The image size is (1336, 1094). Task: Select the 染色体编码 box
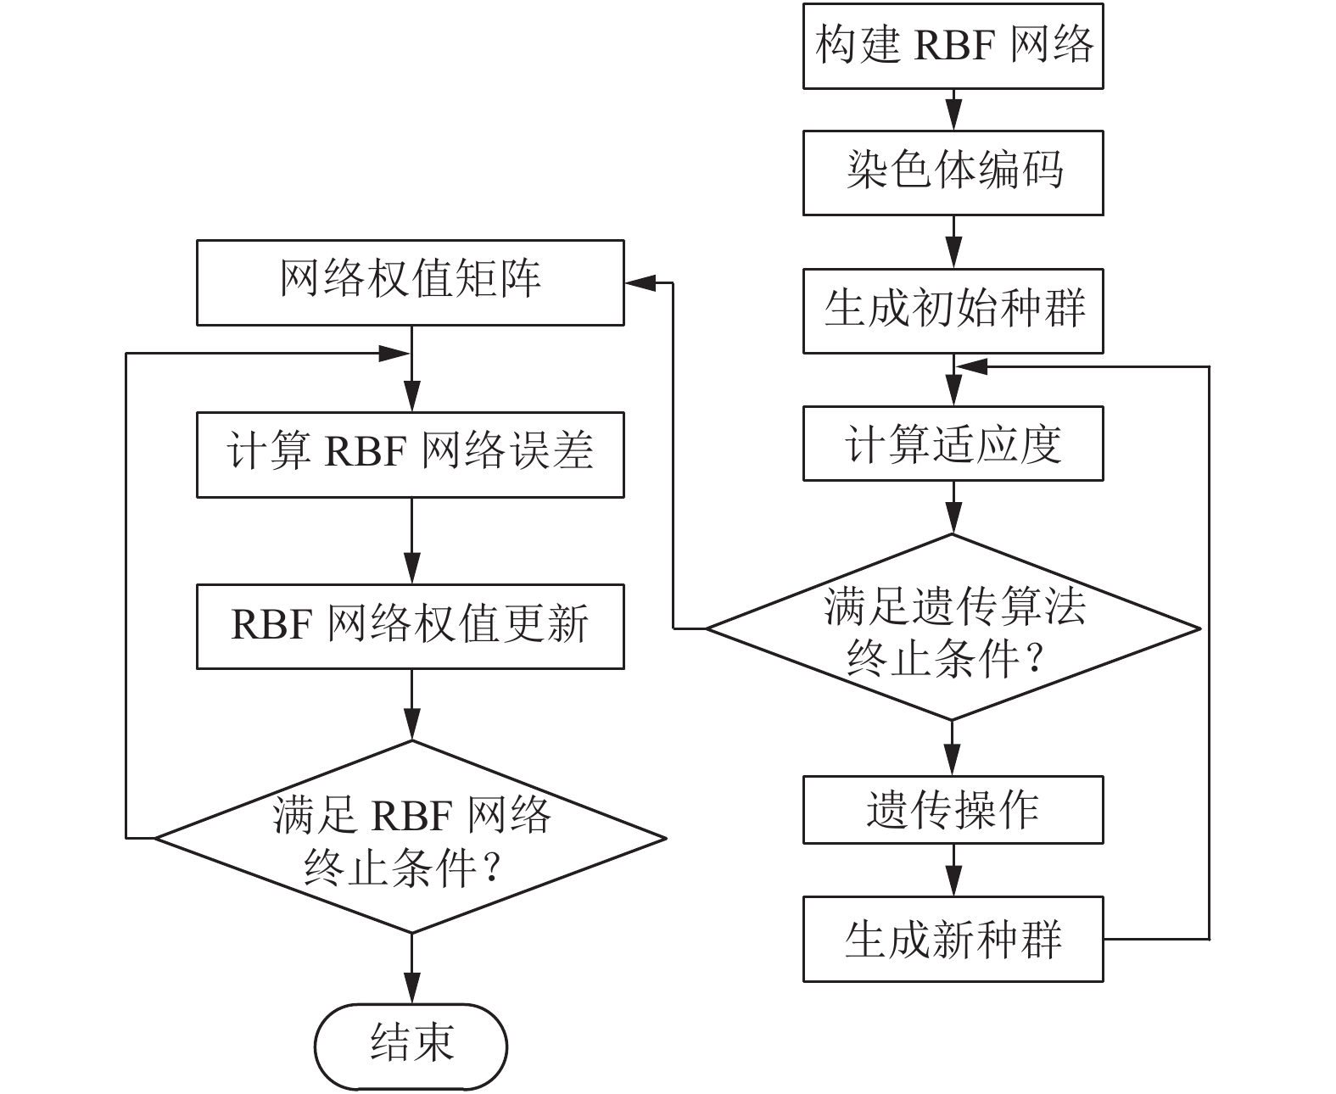(953, 172)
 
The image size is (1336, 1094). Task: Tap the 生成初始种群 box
(953, 310)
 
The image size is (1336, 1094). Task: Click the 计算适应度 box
(953, 444)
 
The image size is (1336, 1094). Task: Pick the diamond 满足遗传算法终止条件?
(953, 628)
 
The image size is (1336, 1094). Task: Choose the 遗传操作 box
(953, 809)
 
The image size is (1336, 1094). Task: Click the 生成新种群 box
(953, 939)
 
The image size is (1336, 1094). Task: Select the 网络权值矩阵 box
(411, 282)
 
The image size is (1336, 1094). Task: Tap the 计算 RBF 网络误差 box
(411, 455)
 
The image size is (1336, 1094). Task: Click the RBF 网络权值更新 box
(411, 626)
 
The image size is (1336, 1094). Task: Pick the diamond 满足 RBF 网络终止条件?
(411, 838)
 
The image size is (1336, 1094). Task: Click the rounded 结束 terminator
(411, 1047)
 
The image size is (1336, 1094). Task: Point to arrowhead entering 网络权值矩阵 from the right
(636, 282)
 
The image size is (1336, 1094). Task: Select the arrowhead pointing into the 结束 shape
(411, 991)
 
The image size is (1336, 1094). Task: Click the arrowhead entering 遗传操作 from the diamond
(953, 762)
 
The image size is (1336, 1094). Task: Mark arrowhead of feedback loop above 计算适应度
(969, 367)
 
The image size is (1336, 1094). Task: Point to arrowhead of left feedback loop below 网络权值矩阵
(394, 354)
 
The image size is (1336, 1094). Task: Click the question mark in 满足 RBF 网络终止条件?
(490, 868)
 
